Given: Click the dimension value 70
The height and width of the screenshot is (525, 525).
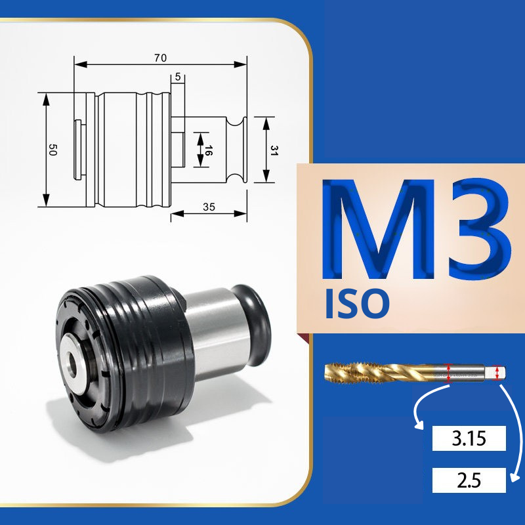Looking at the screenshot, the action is (x=160, y=58).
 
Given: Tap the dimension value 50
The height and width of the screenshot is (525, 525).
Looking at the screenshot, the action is (x=52, y=150).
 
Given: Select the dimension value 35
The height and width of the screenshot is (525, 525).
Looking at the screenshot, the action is (x=209, y=207).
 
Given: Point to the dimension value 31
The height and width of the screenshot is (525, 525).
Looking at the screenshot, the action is (x=274, y=150).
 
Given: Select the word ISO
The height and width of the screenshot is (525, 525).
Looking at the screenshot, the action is (x=357, y=304).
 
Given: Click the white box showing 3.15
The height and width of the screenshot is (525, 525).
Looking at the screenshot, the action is (x=469, y=438).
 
